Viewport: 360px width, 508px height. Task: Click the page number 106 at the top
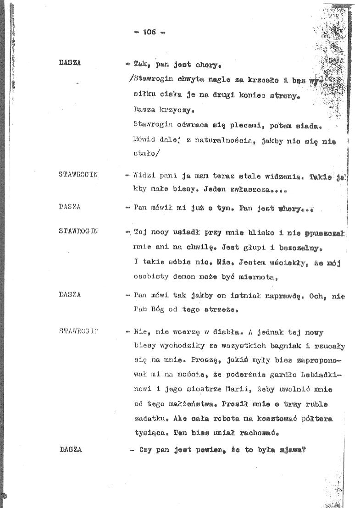150,32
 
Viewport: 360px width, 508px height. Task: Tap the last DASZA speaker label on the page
70,450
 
